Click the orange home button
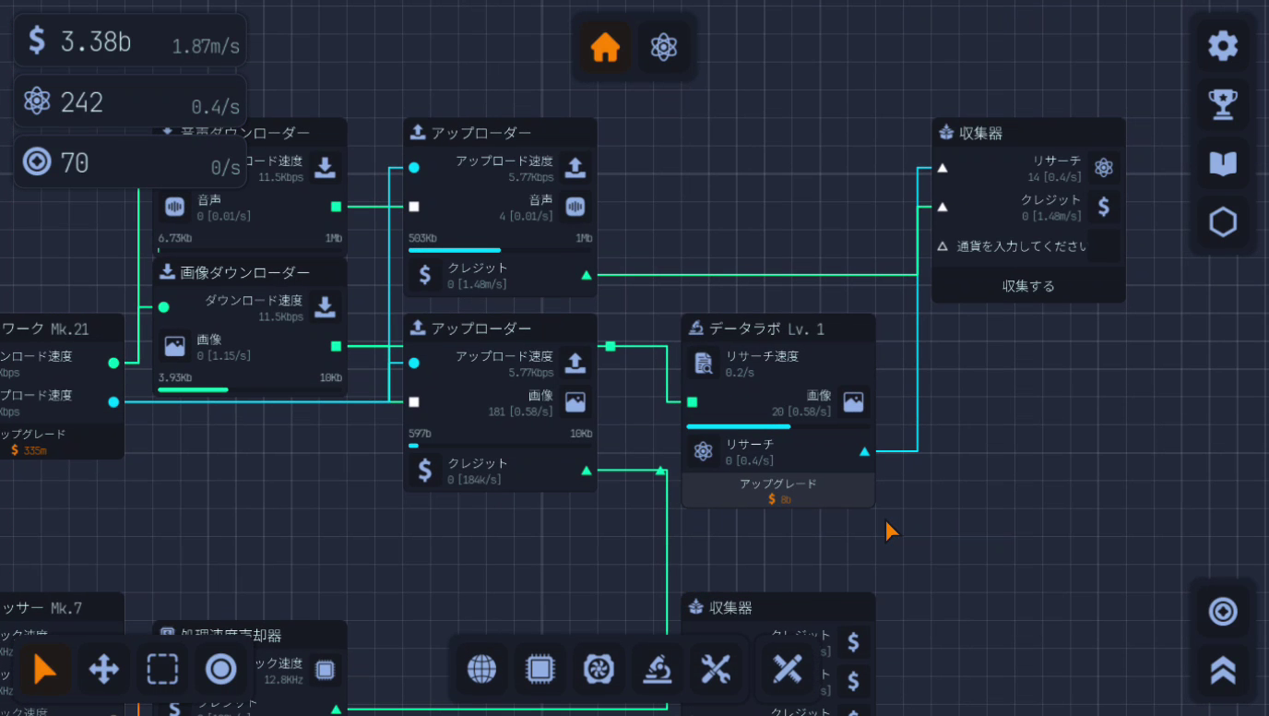[605, 47]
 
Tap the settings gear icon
[1223, 45]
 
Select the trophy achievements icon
[1223, 104]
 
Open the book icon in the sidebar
[1223, 163]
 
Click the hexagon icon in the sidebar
[1223, 222]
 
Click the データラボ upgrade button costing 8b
[777, 491]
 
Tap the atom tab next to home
[663, 47]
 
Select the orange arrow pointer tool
[43, 669]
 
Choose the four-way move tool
[103, 669]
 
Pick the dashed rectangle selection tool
[162, 669]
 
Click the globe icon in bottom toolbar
[481, 669]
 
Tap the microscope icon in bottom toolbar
[657, 669]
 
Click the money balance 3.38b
[95, 41]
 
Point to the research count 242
[81, 101]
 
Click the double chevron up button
[1223, 670]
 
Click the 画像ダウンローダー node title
[244, 272]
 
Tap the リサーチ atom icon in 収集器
[1104, 168]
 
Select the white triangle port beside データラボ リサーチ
[864, 452]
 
